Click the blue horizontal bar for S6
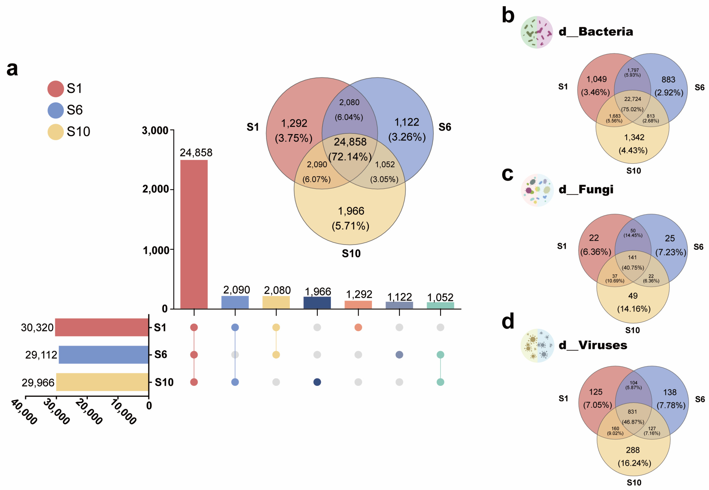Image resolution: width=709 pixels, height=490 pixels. [103, 355]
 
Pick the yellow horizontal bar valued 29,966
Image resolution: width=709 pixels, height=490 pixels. [102, 382]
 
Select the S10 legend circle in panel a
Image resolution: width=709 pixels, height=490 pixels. [56, 132]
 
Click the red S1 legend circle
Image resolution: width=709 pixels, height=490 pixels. [56, 89]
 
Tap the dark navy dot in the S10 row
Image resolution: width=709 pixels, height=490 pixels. [317, 382]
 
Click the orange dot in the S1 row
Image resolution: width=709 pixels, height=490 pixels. [358, 327]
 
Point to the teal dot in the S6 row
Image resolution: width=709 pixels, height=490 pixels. [440, 355]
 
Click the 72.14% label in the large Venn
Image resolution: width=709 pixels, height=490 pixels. [350, 157]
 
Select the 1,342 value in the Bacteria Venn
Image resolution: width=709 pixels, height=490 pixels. [634, 137]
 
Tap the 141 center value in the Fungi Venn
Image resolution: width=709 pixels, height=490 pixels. [632, 257]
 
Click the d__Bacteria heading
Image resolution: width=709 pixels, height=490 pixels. [595, 32]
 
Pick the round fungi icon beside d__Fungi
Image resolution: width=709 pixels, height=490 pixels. [537, 190]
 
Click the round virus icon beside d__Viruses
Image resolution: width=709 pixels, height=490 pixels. [537, 345]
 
